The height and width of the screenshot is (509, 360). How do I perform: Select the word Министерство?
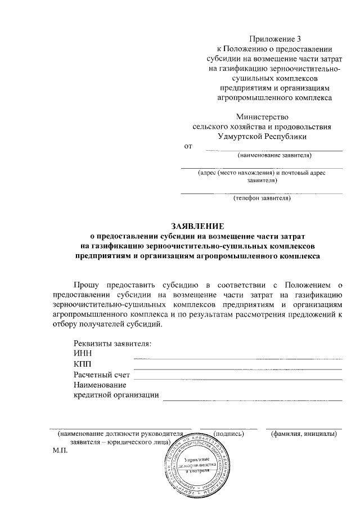point(262,117)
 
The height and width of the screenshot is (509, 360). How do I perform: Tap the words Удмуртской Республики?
point(262,136)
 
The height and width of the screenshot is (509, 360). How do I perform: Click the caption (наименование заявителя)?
point(274,155)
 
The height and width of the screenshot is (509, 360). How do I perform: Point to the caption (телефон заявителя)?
point(262,198)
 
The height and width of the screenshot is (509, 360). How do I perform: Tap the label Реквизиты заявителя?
point(112,343)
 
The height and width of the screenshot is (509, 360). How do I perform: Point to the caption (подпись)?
point(229,434)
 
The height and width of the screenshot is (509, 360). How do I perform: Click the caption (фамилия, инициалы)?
point(304,434)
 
